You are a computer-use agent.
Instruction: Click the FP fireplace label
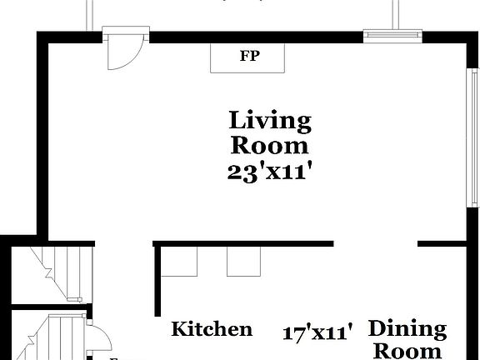tap(247, 57)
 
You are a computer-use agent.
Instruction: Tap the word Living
tap(270, 121)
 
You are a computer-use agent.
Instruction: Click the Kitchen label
tap(212, 329)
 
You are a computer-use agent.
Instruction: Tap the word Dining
tap(407, 329)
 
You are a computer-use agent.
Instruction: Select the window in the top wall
tap(388, 36)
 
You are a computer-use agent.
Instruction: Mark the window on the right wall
tap(468, 137)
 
